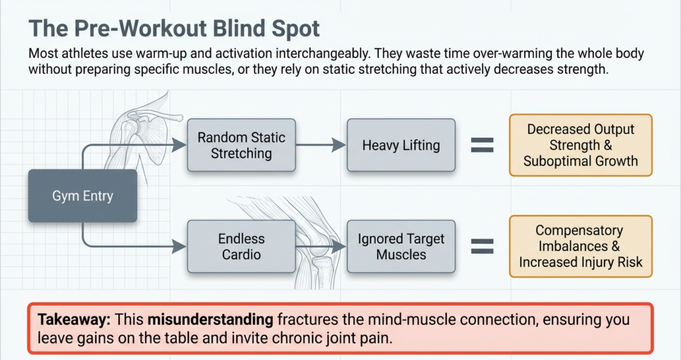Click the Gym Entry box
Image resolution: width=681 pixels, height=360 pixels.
pos(82,196)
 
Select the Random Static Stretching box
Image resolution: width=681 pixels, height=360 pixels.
pos(241,146)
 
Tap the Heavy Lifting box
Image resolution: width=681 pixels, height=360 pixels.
pos(401,146)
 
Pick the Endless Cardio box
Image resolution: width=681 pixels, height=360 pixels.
pos(241,246)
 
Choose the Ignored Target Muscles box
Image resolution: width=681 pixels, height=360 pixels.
pos(401,246)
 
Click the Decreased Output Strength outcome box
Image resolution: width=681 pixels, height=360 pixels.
pos(581,145)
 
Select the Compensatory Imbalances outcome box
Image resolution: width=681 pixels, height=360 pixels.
pos(581,246)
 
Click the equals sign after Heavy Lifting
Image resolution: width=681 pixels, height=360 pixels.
pos(482,146)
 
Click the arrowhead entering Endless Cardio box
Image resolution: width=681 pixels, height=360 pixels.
pos(180,246)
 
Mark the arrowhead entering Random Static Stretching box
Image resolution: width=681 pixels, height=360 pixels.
pos(180,143)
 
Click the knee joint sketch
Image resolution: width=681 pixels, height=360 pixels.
pos(313,236)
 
